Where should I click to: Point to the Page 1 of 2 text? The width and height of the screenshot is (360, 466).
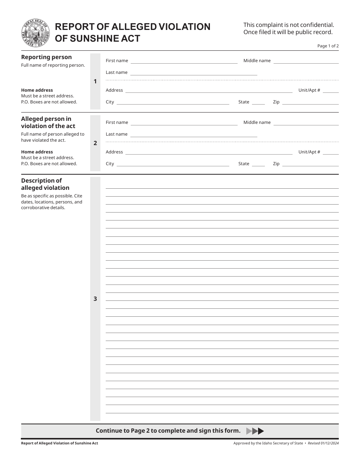pos(328,46)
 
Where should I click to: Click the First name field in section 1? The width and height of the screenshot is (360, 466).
pos(184,61)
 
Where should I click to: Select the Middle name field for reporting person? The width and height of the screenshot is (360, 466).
pos(306,61)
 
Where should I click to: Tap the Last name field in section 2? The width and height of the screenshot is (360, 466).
pos(194,134)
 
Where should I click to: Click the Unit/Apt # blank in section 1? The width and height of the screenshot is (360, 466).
pos(330,90)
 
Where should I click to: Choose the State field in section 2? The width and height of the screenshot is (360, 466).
pos(258,164)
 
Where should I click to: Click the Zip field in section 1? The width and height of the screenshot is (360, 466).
pos(310,102)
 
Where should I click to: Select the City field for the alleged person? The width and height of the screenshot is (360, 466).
pos(172,164)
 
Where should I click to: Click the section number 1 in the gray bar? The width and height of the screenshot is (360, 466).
pos(95,81)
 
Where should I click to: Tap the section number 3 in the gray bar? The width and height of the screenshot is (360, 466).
pos(95,299)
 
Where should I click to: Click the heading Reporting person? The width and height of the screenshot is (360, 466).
pos(46,57)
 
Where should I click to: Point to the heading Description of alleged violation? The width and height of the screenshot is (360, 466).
pos(45,184)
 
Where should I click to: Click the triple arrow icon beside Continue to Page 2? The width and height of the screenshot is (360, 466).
pos(255,431)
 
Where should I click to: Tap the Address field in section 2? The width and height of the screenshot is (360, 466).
pos(208,152)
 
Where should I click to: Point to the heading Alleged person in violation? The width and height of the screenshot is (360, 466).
pos(48,122)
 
